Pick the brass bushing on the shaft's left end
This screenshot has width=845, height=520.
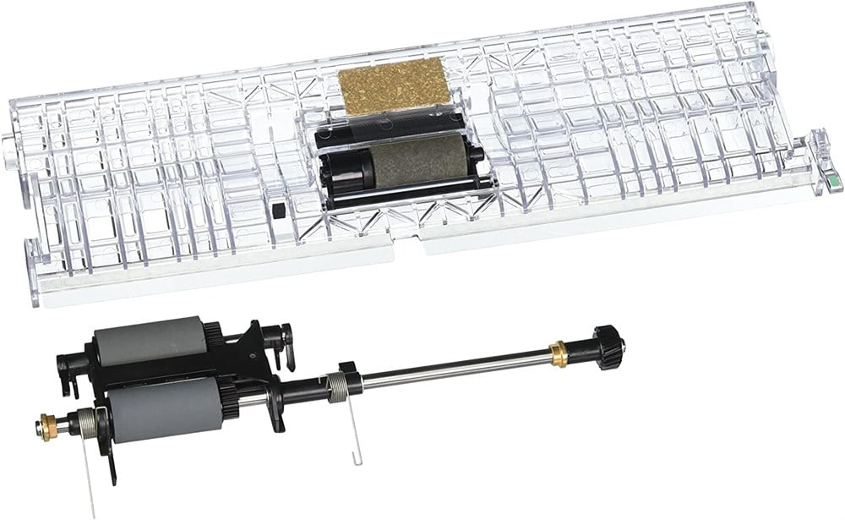(x=50, y=419)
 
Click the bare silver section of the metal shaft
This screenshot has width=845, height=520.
(x=456, y=365)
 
